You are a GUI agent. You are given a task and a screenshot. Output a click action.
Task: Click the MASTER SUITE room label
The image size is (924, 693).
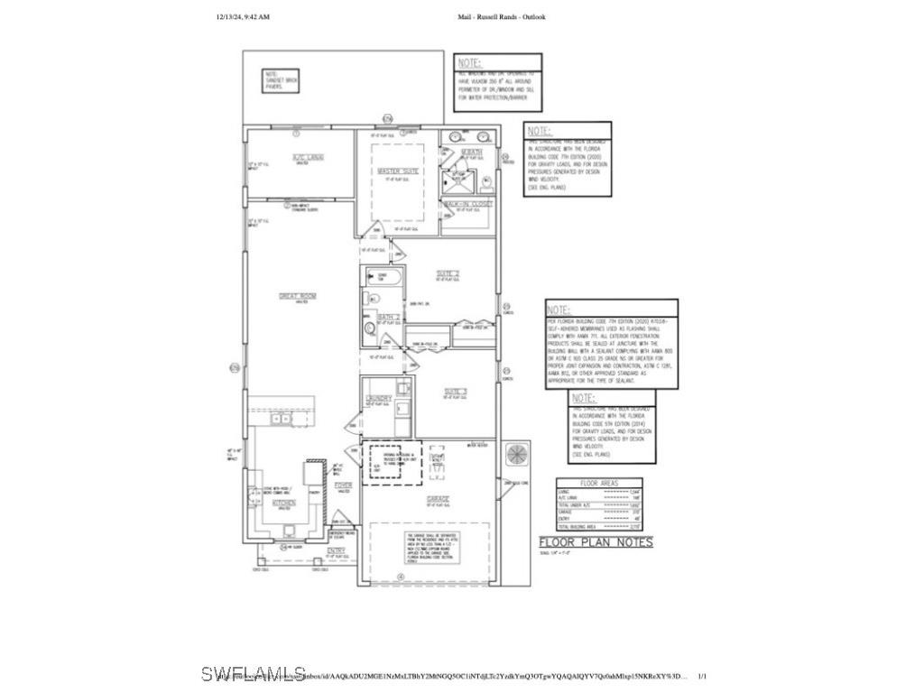point(398,171)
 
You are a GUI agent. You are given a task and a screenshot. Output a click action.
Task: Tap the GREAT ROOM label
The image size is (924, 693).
point(295,295)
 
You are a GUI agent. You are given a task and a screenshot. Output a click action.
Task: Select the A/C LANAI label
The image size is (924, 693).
point(308,157)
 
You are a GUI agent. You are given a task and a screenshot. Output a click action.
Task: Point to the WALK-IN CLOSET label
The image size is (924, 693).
point(467,204)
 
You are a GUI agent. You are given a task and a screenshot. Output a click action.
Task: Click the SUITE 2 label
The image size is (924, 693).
point(449,273)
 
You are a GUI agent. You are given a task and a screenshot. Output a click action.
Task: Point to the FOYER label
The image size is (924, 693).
point(343,485)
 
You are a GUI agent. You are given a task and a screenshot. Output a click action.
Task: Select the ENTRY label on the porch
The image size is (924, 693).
point(336,550)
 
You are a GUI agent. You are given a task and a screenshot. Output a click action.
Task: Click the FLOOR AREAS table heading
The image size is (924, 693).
point(599,484)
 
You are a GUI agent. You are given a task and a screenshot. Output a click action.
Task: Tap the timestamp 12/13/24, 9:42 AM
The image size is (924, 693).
point(243,16)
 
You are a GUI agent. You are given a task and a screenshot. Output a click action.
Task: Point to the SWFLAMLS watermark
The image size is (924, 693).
point(254,673)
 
